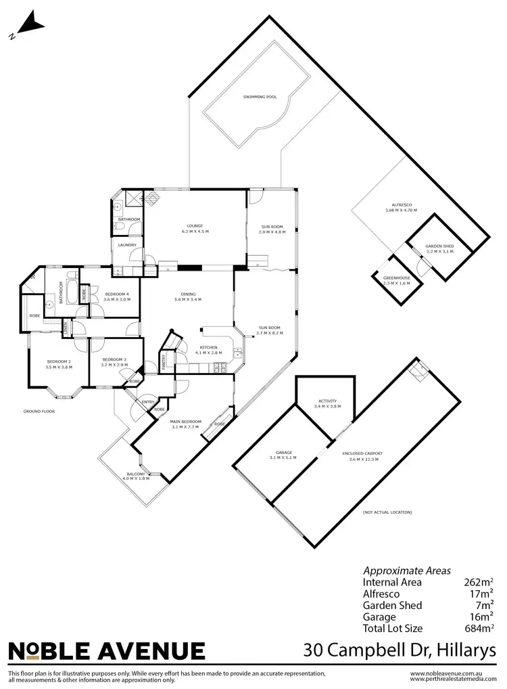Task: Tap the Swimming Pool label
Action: [x=260, y=97]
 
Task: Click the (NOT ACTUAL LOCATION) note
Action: [x=387, y=512]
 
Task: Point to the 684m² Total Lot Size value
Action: [x=477, y=627]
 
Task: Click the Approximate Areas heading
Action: [x=407, y=571]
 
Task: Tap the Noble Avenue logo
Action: [x=106, y=651]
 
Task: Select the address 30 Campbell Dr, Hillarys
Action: [x=400, y=650]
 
